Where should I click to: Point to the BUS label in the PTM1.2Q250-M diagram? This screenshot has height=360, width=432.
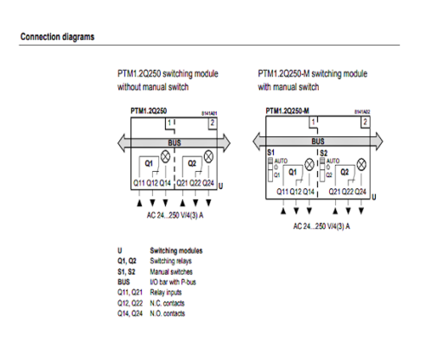[318, 141]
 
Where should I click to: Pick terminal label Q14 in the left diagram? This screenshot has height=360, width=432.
[166, 183]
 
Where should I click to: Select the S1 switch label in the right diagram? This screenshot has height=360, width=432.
[270, 152]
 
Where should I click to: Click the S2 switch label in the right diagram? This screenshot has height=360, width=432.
[325, 152]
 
